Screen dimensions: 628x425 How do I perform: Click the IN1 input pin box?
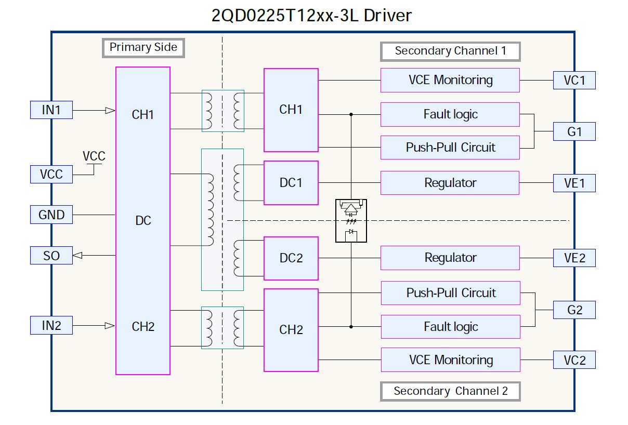tap(51, 110)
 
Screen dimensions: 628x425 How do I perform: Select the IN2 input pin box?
tap(51, 325)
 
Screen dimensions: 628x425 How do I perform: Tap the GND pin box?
tap(51, 215)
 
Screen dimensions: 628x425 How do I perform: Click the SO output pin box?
tap(51, 256)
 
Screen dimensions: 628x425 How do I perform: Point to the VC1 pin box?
tap(574, 81)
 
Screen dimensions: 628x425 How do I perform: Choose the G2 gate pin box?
tap(574, 310)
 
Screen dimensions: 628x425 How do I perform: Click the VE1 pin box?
tap(574, 183)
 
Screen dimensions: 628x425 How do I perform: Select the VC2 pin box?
tap(574, 360)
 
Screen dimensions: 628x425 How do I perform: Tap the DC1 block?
tap(291, 183)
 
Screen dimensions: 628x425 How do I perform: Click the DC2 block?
tap(291, 258)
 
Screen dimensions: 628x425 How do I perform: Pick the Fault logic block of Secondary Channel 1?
tap(450, 114)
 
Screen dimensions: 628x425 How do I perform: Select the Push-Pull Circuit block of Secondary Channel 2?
tap(451, 293)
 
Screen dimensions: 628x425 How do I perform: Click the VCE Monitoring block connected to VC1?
tap(450, 80)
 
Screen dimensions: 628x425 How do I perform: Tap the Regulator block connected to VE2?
tap(450, 258)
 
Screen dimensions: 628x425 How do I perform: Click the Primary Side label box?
tap(143, 48)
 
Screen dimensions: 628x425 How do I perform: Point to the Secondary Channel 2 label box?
tap(450, 391)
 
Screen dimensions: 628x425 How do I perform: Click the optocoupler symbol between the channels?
tap(351, 220)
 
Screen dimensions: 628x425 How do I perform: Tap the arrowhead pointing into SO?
tap(77, 255)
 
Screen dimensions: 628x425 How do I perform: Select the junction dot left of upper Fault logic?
tap(351, 114)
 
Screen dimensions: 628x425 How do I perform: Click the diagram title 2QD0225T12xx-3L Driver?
tap(311, 16)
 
